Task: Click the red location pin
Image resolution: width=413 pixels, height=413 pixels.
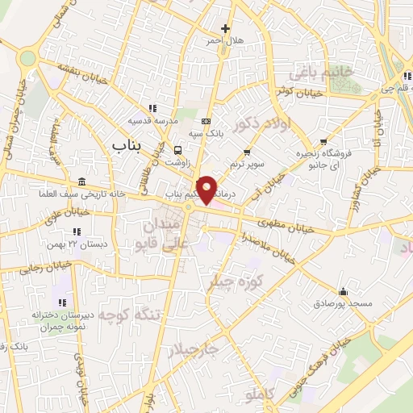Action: coord(206,188)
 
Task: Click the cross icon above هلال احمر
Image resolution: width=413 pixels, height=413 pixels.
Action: coord(225,28)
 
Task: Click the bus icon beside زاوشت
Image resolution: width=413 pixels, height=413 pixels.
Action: coord(177,149)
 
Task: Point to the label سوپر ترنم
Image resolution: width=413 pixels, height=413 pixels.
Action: coord(247,164)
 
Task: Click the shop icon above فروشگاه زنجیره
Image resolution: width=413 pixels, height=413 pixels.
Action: coord(323,140)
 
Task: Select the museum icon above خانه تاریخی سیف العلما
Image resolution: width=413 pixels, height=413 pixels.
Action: coord(81,181)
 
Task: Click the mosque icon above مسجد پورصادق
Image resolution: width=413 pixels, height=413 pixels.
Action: coord(344,291)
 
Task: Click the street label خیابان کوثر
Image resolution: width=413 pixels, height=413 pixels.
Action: coord(294,90)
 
